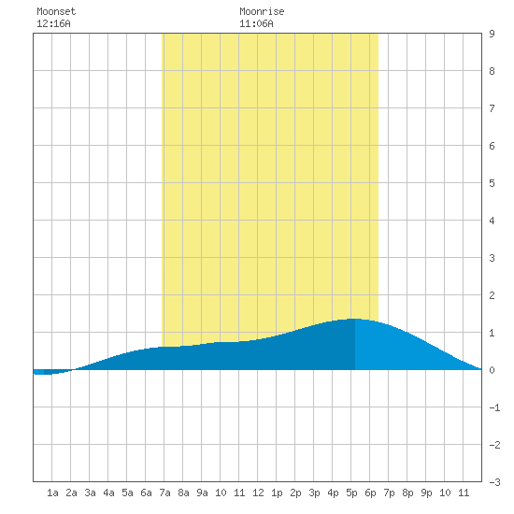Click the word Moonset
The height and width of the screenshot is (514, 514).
(56, 11)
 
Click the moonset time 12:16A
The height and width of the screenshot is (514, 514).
(53, 23)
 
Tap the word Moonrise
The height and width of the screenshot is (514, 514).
(262, 11)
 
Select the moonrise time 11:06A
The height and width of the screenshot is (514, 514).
(256, 23)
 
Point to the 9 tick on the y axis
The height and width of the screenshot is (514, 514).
(492, 34)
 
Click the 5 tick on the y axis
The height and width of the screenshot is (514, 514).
(492, 183)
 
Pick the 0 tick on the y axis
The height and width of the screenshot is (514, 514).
(492, 370)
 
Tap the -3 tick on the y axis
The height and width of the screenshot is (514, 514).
(494, 482)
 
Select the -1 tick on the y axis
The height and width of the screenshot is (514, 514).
(494, 407)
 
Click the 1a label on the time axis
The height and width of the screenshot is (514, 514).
(52, 493)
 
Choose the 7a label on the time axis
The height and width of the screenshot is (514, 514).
(164, 493)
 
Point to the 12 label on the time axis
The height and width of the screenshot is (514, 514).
(258, 493)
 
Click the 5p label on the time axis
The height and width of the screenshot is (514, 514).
(351, 493)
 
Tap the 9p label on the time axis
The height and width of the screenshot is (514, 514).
(426, 493)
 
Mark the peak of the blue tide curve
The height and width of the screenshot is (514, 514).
(355, 319)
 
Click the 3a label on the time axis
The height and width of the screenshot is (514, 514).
(90, 493)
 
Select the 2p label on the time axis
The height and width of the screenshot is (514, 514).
(295, 493)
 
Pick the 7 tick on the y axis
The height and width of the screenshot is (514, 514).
(492, 108)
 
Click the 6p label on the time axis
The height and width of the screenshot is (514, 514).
(370, 493)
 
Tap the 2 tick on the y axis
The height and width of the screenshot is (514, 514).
(492, 295)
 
